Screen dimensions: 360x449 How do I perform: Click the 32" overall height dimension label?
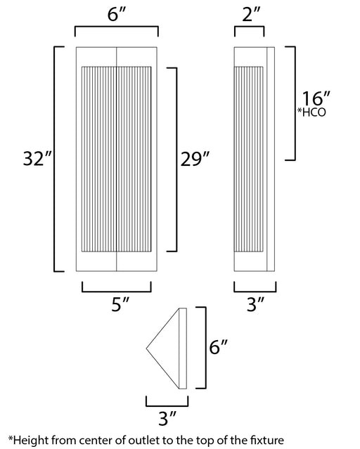[x=37, y=158]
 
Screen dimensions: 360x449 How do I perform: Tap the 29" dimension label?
[x=195, y=159]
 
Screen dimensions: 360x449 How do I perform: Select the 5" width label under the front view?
[x=120, y=304]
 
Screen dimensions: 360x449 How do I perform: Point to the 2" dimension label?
[x=251, y=14]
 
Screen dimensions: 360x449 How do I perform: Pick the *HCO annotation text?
[x=311, y=112]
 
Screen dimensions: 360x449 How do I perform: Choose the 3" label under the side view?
[x=256, y=304]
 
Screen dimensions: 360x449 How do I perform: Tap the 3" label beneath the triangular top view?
[x=167, y=419]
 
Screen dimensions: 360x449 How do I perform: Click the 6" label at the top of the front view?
[x=117, y=14]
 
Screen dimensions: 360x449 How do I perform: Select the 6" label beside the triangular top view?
[x=219, y=347]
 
